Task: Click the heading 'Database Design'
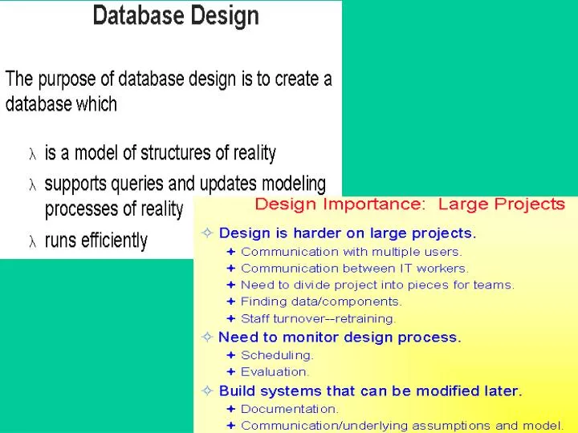[x=176, y=16]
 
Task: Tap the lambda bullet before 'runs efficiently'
[x=33, y=241]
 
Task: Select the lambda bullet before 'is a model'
[x=33, y=154]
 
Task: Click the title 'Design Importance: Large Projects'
[x=409, y=204]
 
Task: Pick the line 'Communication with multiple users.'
[x=351, y=252]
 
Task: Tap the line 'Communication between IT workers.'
[x=354, y=269]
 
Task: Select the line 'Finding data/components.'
[x=321, y=301]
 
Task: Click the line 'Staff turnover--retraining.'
[x=318, y=318]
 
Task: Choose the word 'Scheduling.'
[x=277, y=354]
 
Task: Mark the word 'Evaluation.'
[x=275, y=371]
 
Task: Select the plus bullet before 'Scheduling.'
[x=230, y=354]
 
